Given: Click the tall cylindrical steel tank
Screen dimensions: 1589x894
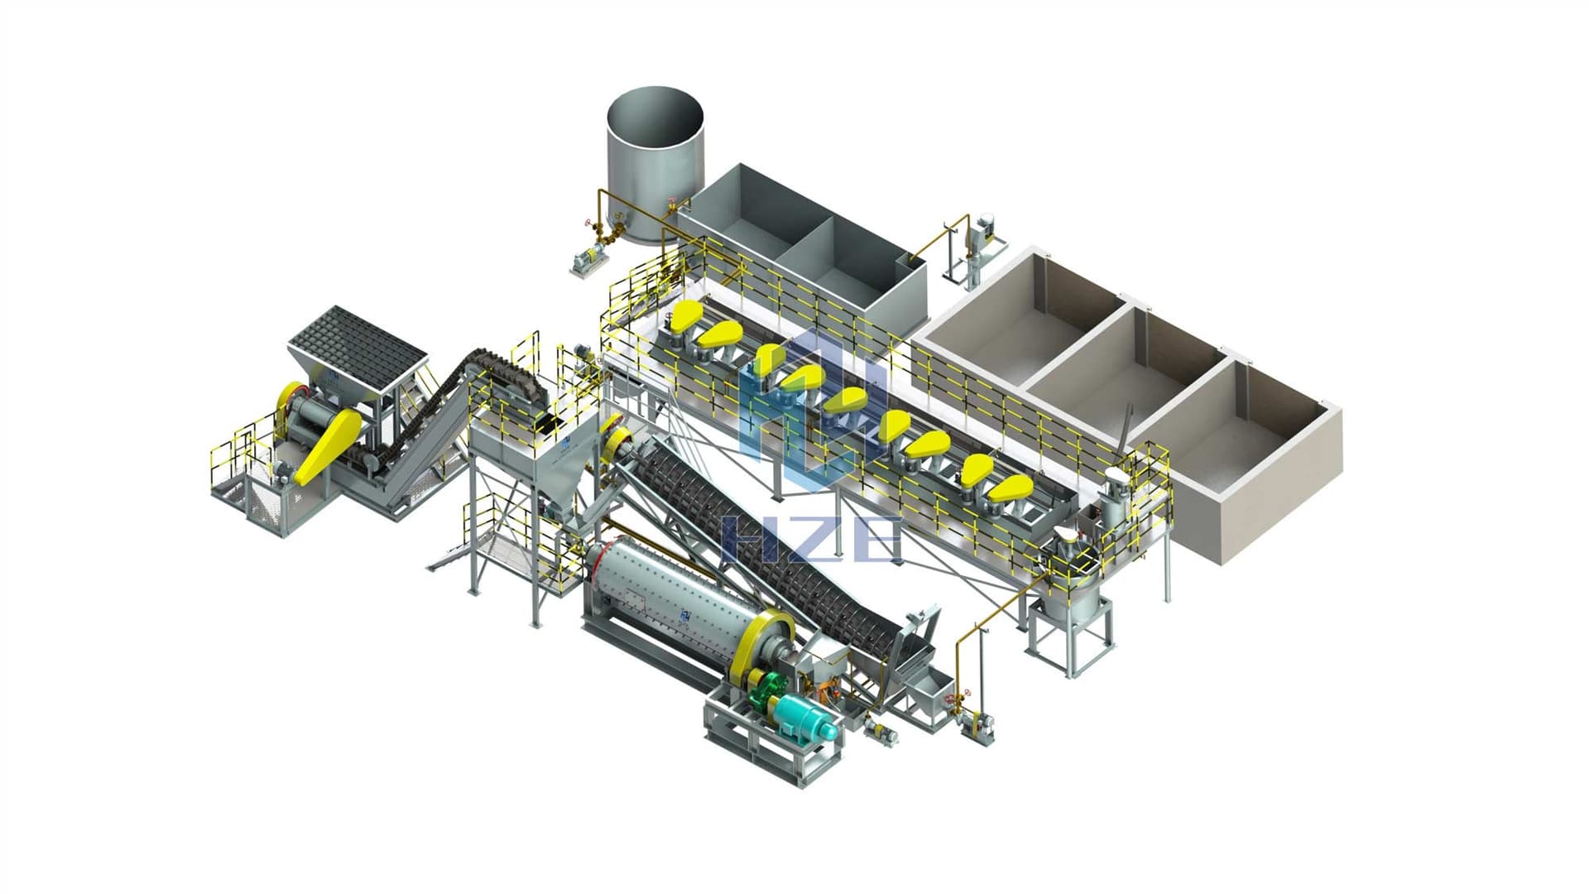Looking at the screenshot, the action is coord(655,166).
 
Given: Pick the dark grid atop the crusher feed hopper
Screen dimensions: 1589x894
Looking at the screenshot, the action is coord(358,348).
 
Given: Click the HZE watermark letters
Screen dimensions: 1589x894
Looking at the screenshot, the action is coord(811,539).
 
